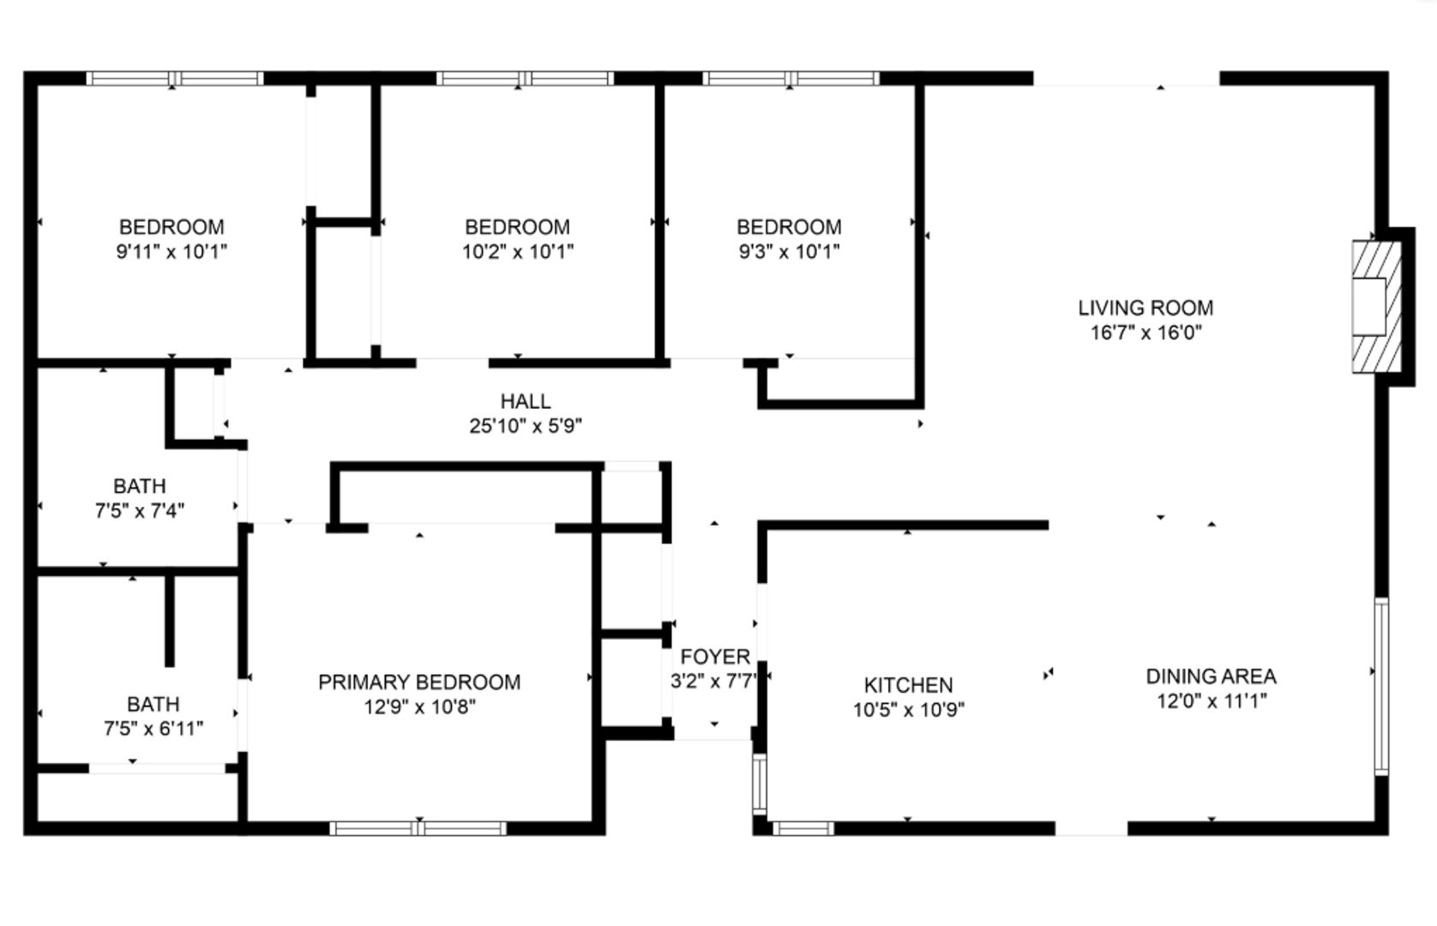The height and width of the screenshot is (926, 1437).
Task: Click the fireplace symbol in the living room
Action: pyautogui.click(x=1377, y=307)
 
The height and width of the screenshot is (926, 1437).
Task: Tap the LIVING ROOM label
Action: pyautogui.click(x=1145, y=308)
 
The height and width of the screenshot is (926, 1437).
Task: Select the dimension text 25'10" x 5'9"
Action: pyautogui.click(x=526, y=425)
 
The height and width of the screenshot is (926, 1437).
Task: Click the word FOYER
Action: pyautogui.click(x=715, y=657)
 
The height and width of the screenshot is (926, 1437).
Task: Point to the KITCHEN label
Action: pyautogui.click(x=908, y=685)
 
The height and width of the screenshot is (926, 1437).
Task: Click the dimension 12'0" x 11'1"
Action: pyautogui.click(x=1211, y=701)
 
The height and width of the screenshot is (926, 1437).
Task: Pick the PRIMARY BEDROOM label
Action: pyautogui.click(x=419, y=682)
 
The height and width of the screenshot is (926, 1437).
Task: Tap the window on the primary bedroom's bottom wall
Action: pyautogui.click(x=418, y=828)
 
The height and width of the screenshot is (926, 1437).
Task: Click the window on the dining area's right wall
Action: pyautogui.click(x=1380, y=686)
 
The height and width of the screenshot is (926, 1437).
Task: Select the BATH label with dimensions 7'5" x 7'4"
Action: pyautogui.click(x=140, y=486)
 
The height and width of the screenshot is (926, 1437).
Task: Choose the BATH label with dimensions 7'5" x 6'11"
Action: pyautogui.click(x=153, y=704)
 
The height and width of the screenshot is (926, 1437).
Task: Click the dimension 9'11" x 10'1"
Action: pyautogui.click(x=171, y=252)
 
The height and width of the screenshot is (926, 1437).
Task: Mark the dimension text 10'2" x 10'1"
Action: pyautogui.click(x=517, y=252)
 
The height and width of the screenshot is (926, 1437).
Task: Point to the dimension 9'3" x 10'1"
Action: pyautogui.click(x=789, y=252)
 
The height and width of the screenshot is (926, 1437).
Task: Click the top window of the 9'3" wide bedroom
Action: pyautogui.click(x=791, y=79)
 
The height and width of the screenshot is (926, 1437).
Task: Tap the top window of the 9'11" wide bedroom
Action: pyautogui.click(x=175, y=79)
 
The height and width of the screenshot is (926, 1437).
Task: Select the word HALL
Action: pyautogui.click(x=526, y=401)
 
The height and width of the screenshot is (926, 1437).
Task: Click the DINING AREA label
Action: pyautogui.click(x=1211, y=676)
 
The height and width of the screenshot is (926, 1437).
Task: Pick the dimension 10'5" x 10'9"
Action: pyautogui.click(x=908, y=710)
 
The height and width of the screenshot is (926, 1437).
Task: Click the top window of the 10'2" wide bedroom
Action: pyautogui.click(x=525, y=79)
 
